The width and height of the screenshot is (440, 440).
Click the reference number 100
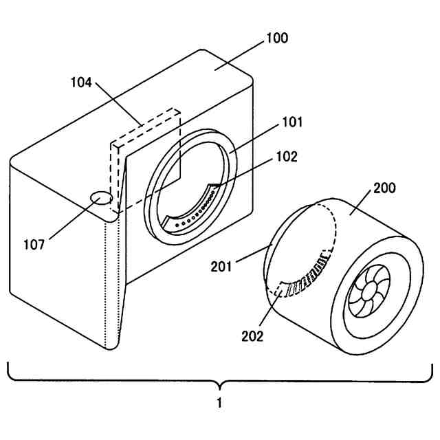point(277,38)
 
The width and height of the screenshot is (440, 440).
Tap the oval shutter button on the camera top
point(102,198)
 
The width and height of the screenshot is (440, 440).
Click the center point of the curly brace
point(219,382)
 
